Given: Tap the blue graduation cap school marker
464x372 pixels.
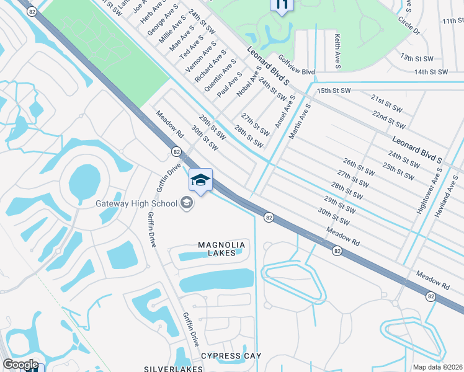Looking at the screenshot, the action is tap(200, 181).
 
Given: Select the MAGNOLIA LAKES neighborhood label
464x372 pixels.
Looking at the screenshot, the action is tap(221, 249).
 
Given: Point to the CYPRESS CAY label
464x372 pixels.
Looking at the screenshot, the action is tap(231, 356).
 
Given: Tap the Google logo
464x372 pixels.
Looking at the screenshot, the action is tap(20, 364).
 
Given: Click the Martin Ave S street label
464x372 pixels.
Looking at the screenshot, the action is tap(304, 121).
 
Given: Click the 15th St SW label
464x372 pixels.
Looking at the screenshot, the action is tap(334, 91).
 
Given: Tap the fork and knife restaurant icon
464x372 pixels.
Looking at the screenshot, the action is tap(282, 6).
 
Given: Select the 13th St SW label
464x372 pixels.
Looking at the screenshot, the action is tap(416, 58).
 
